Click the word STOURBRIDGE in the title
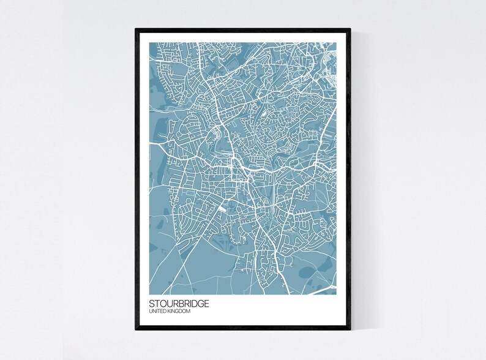click(x=179, y=303)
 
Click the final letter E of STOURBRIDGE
click(x=205, y=303)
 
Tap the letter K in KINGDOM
click(x=173, y=312)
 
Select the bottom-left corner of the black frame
click(x=136, y=330)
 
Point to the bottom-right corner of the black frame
click(x=350, y=330)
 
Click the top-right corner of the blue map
click(x=336, y=43)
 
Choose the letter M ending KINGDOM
click(x=189, y=312)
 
